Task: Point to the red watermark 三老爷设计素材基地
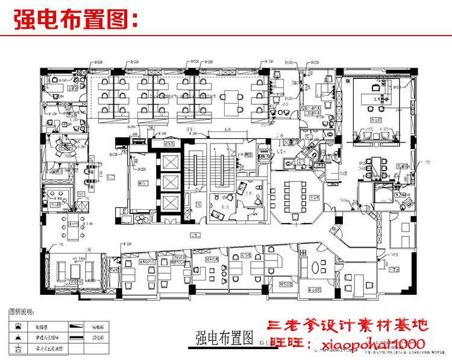[x=348, y=326]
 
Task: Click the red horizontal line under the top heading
[x=226, y=36]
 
